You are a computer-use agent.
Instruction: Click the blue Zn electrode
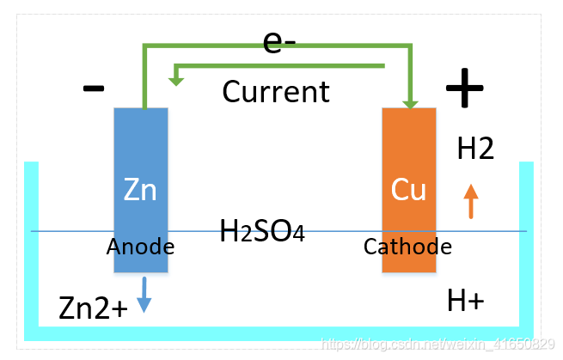coord(141,155)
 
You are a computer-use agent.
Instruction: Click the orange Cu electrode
coord(409,155)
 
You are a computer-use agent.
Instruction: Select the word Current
coord(276,91)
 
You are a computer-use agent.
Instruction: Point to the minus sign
coord(94,88)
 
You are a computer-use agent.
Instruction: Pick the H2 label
coord(475,149)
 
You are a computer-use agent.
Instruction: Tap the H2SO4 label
coord(262,230)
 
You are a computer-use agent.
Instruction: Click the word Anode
coord(140,247)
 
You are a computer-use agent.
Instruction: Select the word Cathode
coord(407,247)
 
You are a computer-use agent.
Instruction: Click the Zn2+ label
coord(93,307)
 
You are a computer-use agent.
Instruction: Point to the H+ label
coord(466,301)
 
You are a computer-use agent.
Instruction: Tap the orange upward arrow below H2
coord(470,201)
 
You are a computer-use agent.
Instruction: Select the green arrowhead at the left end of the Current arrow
coord(177,78)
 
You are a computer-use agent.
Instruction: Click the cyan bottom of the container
coord(279,333)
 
